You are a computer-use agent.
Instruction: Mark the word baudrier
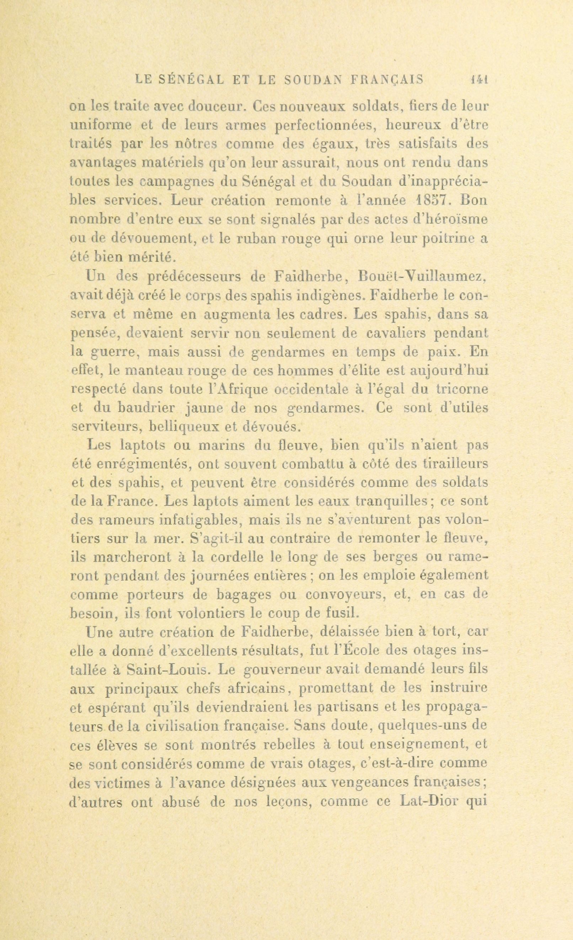(146, 408)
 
